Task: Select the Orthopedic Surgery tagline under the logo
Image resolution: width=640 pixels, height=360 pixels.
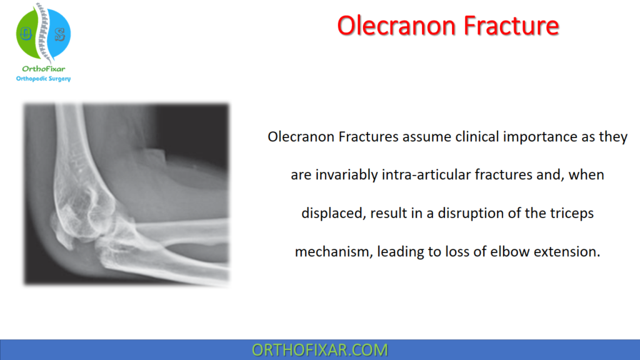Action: point(43,79)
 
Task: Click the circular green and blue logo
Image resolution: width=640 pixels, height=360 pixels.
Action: point(42,32)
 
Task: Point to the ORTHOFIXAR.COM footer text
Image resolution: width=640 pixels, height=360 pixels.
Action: point(319,350)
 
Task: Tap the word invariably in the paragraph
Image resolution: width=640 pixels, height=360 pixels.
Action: point(346,175)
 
